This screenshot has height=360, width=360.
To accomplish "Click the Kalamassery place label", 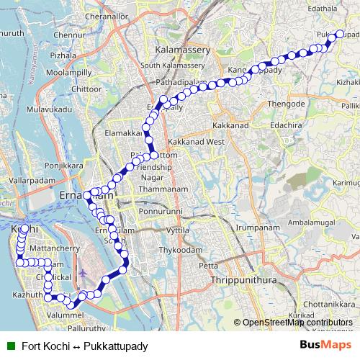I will point(183,50).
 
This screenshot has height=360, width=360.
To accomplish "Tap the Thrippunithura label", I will point(237,278).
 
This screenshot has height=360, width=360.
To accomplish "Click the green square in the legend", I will point(9,346).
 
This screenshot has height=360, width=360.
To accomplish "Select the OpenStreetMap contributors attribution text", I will point(297,323).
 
